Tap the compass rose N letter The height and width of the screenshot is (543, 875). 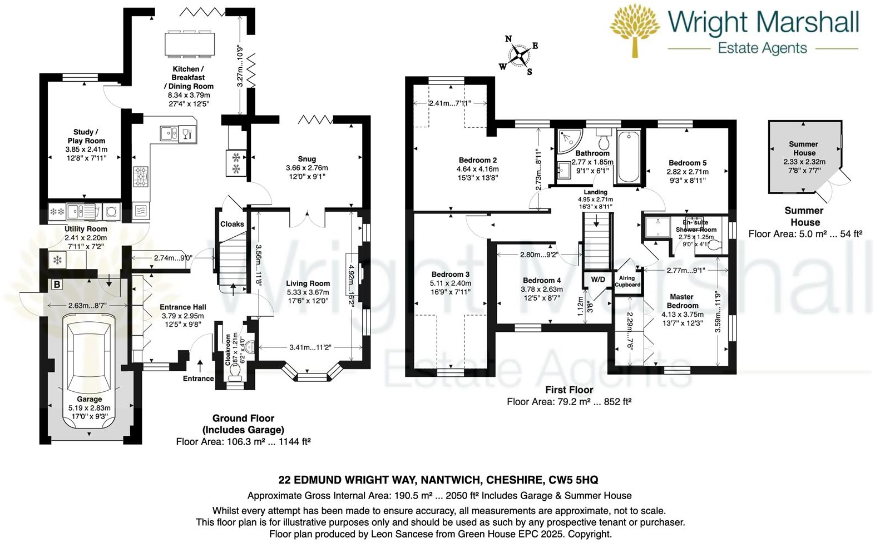coord(508,39)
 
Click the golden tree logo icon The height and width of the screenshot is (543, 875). coord(635,30)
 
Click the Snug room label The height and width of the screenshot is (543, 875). coord(307,159)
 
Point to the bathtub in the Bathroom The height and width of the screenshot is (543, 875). coord(629,157)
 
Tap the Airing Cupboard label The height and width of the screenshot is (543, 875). coord(627,281)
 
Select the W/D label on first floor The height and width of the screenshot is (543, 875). coord(598,279)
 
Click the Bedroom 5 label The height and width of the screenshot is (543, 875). coord(688,163)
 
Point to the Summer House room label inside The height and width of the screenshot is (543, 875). coord(804,148)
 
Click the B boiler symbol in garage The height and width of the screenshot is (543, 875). coord(56,285)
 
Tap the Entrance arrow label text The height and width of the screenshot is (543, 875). coord(198,378)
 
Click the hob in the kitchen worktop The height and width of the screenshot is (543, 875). coord(141,176)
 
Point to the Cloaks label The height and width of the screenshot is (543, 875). coord(232,224)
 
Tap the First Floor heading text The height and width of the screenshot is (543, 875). coord(568,390)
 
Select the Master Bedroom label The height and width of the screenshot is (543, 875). coord(682,301)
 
